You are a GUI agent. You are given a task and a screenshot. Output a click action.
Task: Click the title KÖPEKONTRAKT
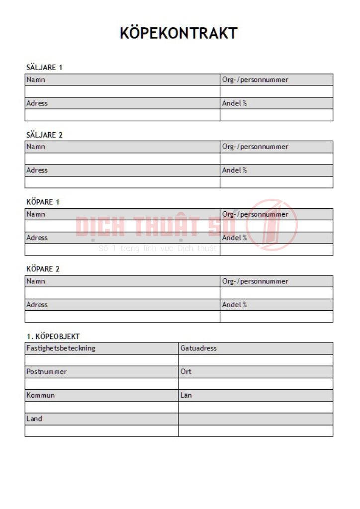(179, 33)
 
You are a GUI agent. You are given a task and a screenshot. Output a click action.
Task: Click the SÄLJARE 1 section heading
(44, 68)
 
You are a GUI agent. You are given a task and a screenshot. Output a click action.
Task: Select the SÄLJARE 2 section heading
(44, 135)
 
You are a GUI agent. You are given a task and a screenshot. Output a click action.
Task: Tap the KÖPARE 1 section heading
(43, 202)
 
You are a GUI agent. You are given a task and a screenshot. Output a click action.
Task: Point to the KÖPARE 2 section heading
(43, 269)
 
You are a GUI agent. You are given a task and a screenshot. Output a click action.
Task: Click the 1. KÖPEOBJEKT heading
(53, 337)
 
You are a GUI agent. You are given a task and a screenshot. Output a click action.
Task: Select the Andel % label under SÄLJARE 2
(234, 170)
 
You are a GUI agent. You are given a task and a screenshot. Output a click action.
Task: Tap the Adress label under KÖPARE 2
(37, 305)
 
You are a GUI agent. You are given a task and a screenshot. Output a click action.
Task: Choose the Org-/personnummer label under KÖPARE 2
(255, 281)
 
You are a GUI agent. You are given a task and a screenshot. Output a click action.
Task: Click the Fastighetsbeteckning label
(61, 348)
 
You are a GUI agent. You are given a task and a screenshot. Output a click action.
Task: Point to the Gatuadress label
(198, 348)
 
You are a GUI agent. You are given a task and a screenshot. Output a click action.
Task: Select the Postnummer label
(46, 372)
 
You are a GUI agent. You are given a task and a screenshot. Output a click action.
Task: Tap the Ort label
(186, 372)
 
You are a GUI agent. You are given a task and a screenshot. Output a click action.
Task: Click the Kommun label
(40, 395)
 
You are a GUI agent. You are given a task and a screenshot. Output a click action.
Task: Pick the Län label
(186, 395)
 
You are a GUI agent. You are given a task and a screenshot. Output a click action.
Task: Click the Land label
(34, 419)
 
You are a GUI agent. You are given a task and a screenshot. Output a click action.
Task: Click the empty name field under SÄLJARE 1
(122, 91)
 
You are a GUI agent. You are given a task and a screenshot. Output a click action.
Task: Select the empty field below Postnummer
(101, 384)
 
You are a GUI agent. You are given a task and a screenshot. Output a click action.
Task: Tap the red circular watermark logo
(272, 224)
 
